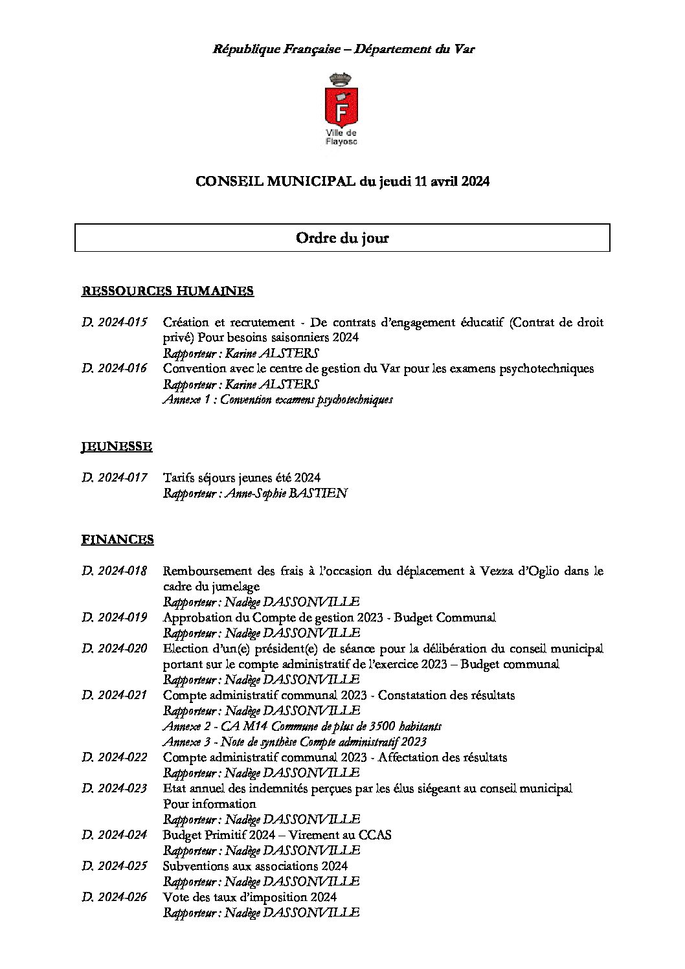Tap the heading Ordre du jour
click(x=342, y=238)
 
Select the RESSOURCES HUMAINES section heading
click(x=167, y=291)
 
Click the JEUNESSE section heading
click(x=117, y=447)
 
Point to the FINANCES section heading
click(x=117, y=539)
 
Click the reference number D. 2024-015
click(x=115, y=322)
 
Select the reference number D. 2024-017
click(x=115, y=478)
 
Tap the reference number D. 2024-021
click(x=115, y=695)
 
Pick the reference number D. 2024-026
click(x=115, y=897)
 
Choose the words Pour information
click(x=209, y=804)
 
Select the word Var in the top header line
click(x=464, y=49)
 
